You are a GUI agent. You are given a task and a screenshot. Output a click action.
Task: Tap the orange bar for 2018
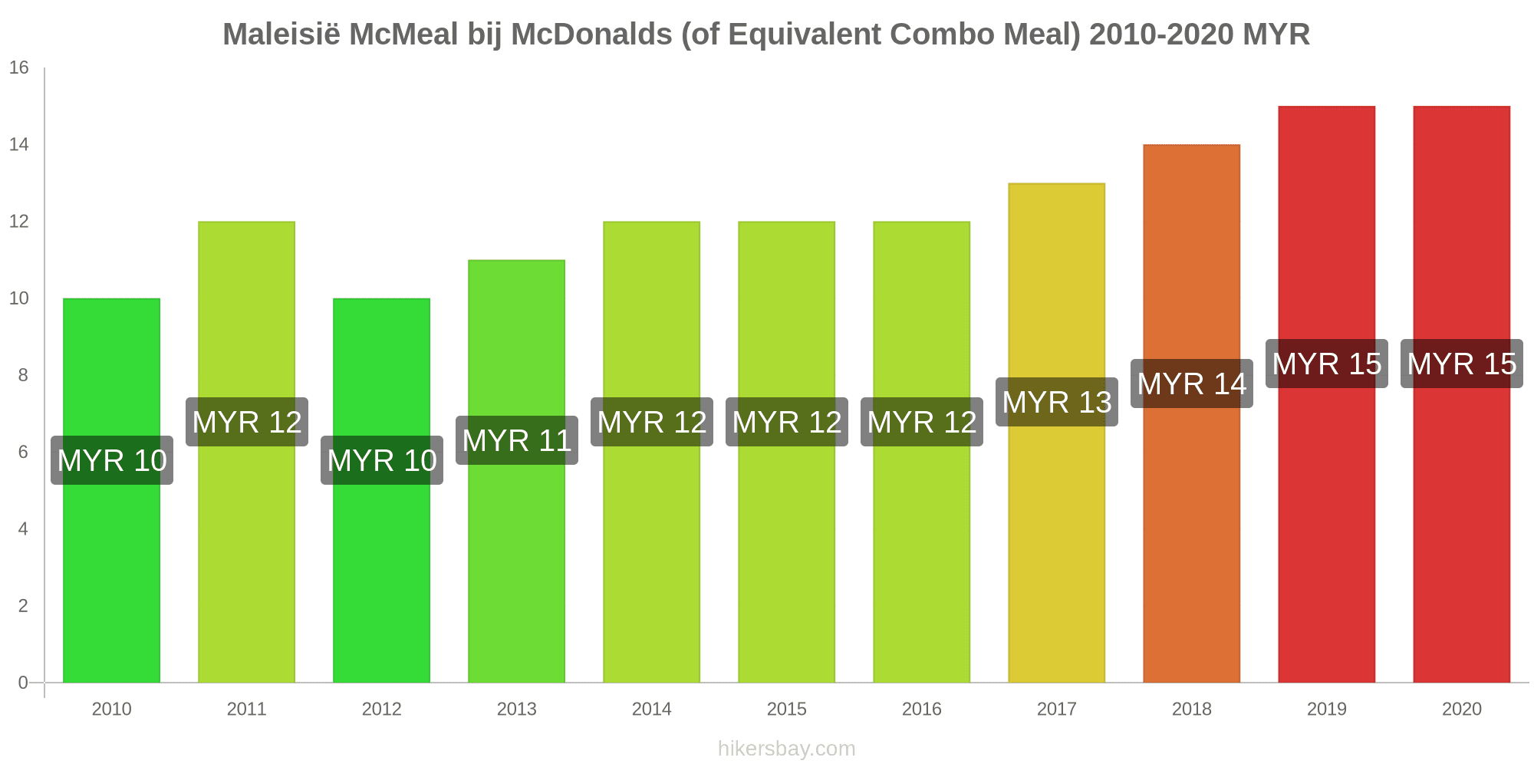point(1191,537)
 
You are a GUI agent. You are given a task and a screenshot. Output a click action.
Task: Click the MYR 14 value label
point(1191,383)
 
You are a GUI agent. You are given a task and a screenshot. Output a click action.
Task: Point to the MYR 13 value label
point(1056,402)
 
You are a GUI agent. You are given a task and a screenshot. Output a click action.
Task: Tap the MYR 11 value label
point(516,440)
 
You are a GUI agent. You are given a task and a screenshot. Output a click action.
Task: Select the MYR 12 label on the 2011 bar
point(246,422)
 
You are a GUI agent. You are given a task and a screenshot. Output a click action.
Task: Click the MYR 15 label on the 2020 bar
point(1461,364)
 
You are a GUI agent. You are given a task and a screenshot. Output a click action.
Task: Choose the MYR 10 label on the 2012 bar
point(381,460)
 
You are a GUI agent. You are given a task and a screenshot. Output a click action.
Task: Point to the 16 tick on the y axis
point(18,67)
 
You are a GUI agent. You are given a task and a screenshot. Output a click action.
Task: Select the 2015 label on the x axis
point(786,709)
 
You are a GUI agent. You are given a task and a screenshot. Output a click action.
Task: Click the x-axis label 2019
point(1326,709)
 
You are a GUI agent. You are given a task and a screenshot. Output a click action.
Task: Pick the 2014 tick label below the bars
point(651,709)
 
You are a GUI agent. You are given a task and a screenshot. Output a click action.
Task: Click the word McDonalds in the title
point(591,35)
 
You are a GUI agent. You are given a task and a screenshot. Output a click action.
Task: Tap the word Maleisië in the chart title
point(281,35)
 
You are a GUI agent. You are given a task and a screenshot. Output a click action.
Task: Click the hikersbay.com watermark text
point(786,749)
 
